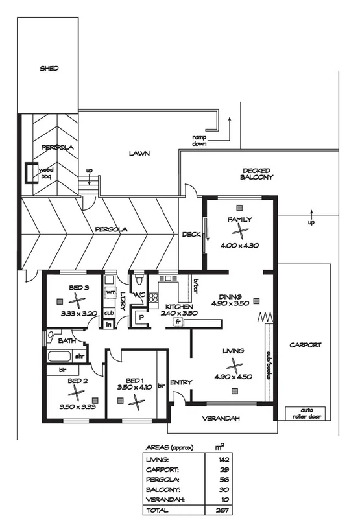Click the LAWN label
pos(139,154)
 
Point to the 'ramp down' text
pos(199,141)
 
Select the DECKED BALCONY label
pos(257,173)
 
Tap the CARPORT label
pos(305,346)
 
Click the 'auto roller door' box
pos(306,414)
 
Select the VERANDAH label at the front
pos(221,419)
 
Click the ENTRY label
pos(181,382)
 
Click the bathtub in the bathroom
pos(60,356)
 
